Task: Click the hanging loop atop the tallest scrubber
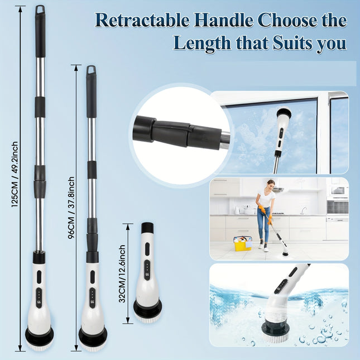pyautogui.click(x=40, y=9)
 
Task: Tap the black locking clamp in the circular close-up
pyautogui.click(x=170, y=132)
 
